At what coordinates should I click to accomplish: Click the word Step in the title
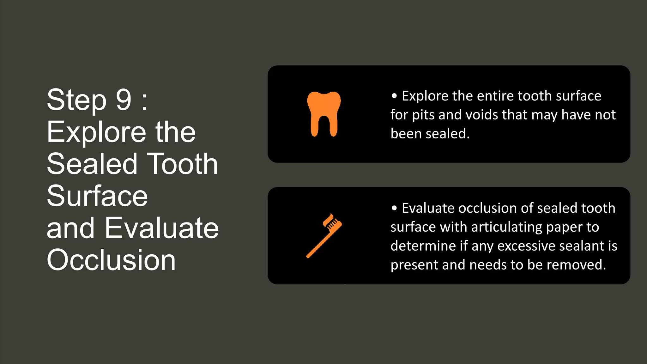point(76,100)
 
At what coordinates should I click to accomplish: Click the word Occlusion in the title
point(111,260)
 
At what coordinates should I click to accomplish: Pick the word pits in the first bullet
point(423,115)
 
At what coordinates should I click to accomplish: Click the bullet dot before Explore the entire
point(394,96)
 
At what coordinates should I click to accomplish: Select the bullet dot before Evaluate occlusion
point(394,208)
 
